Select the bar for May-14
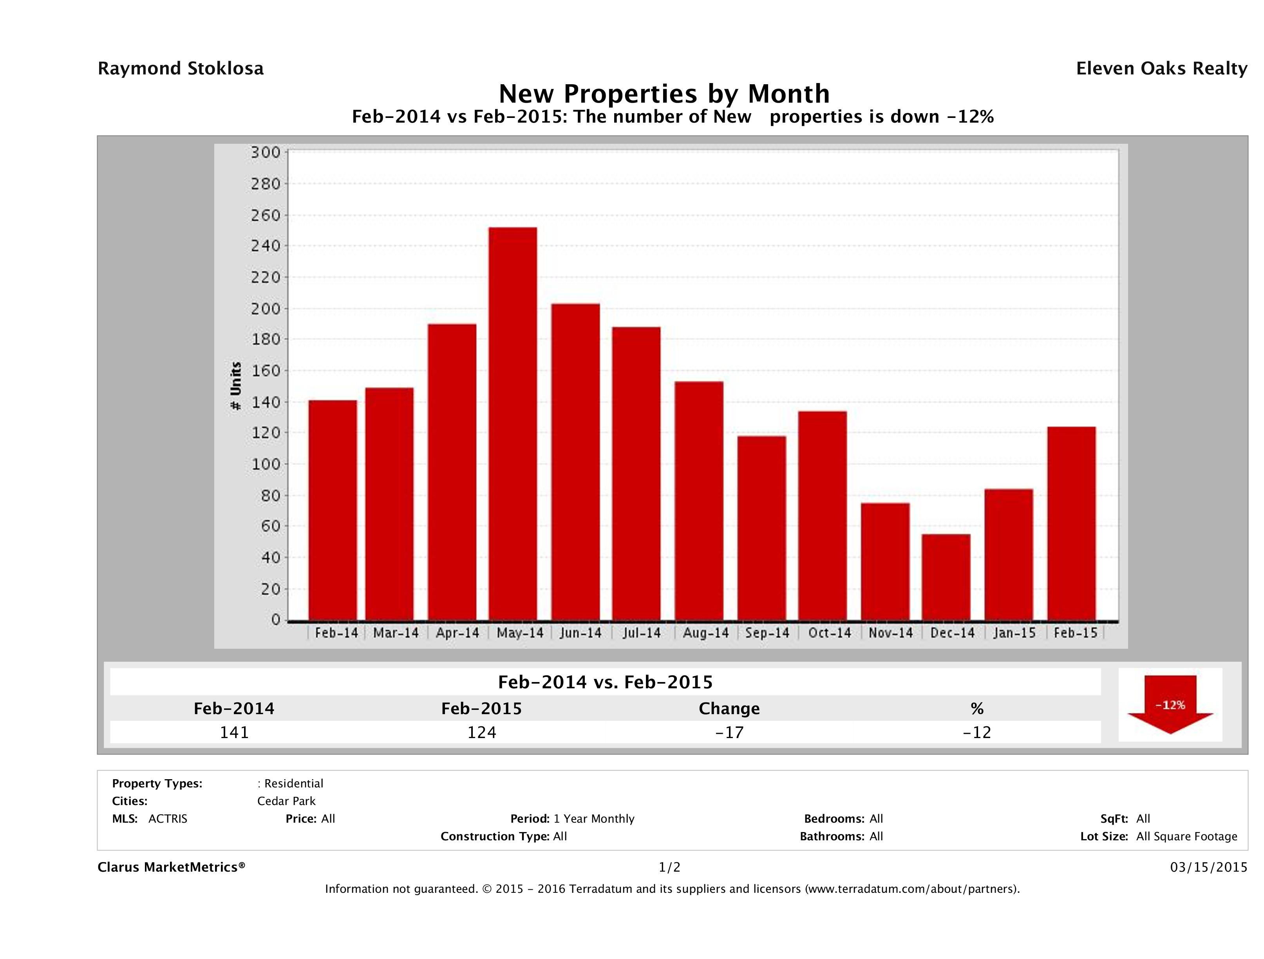point(513,423)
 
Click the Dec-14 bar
point(946,577)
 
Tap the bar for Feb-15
point(1071,523)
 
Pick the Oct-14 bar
point(822,516)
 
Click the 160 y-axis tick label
point(266,371)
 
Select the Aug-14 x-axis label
point(706,633)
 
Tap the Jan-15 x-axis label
point(1014,633)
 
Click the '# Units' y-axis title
point(235,386)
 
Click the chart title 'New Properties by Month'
point(664,94)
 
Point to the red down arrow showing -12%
point(1170,705)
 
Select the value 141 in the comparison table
point(234,732)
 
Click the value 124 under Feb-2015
point(482,732)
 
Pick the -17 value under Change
point(729,732)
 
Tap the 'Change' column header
point(729,709)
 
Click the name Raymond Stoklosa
point(181,69)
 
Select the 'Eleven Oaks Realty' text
point(1161,69)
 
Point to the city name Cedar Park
point(286,801)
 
